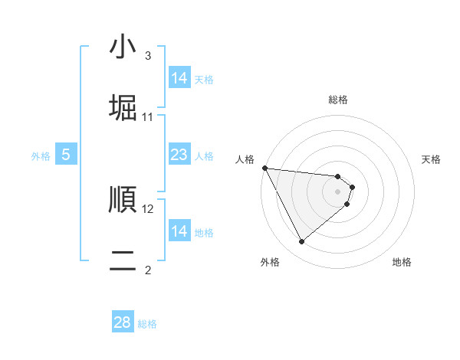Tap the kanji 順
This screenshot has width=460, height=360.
(123, 200)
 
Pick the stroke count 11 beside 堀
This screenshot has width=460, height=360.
(148, 116)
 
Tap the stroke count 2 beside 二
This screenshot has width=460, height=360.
(147, 270)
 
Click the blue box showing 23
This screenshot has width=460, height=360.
(179, 155)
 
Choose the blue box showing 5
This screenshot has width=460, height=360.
(66, 155)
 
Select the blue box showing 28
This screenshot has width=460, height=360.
(123, 322)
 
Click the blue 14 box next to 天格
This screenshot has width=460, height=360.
(179, 78)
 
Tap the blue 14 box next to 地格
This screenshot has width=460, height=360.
(179, 231)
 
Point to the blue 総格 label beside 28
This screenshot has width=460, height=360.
(147, 324)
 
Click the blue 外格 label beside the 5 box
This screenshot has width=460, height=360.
(41, 156)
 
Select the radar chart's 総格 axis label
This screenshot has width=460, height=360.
(338, 100)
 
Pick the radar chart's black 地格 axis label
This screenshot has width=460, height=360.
(402, 262)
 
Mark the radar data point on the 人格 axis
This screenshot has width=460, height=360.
(264, 168)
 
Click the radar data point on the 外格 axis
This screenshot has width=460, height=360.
(302, 241)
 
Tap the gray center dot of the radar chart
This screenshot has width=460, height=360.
(338, 191)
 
